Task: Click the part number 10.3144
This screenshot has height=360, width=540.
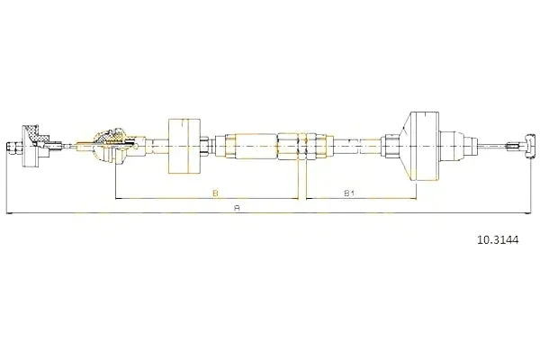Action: (498, 239)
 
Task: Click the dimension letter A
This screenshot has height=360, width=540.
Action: (237, 208)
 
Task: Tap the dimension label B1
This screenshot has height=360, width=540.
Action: (349, 193)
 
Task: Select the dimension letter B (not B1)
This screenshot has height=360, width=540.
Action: (215, 193)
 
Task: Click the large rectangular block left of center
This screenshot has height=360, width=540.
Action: (184, 146)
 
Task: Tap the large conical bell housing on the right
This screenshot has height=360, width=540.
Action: (419, 146)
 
